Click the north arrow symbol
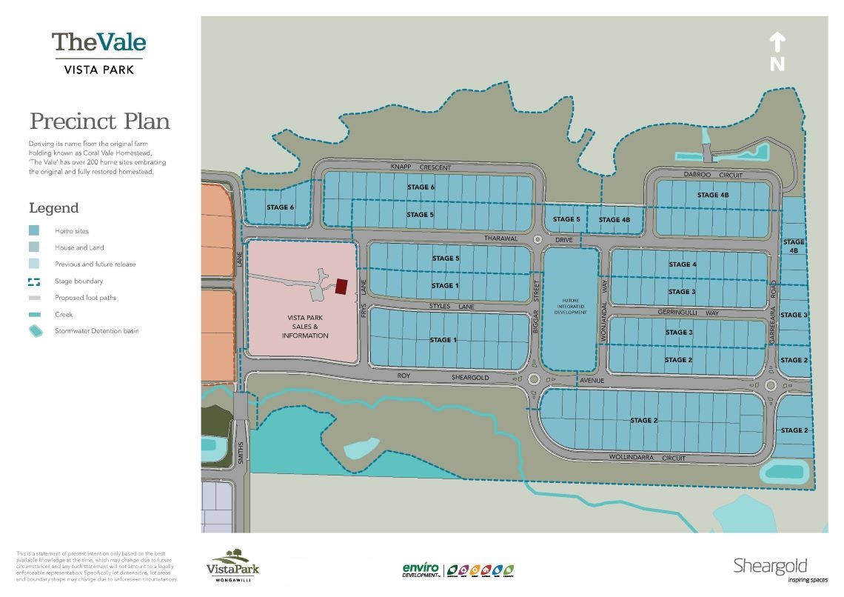(x=777, y=51)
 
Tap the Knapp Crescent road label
(x=421, y=168)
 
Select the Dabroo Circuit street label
(x=712, y=176)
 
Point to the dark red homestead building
(x=341, y=286)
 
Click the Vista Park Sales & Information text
(x=305, y=327)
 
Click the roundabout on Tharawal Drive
(x=537, y=239)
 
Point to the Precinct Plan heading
(x=99, y=121)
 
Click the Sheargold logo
(x=770, y=568)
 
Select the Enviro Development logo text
(x=421, y=570)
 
